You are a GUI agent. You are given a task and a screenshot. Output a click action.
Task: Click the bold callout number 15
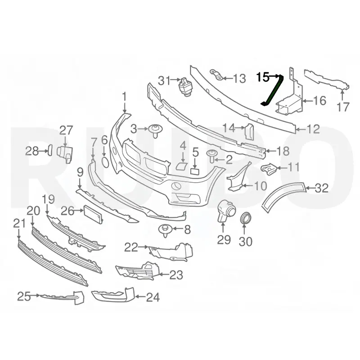[x=263, y=77]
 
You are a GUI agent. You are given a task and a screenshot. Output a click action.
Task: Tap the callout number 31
[x=164, y=81]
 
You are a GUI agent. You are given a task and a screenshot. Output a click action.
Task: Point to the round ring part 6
[x=105, y=162]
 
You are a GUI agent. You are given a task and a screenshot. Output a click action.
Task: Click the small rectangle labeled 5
[x=195, y=171]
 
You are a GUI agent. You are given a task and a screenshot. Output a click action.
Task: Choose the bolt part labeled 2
[x=212, y=156]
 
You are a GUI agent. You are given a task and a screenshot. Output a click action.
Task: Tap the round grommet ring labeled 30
[x=246, y=218]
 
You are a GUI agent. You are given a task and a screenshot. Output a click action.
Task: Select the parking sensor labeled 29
[x=226, y=211]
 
